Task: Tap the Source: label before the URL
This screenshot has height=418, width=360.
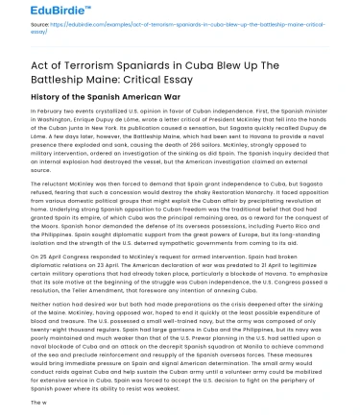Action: tap(26, 46)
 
